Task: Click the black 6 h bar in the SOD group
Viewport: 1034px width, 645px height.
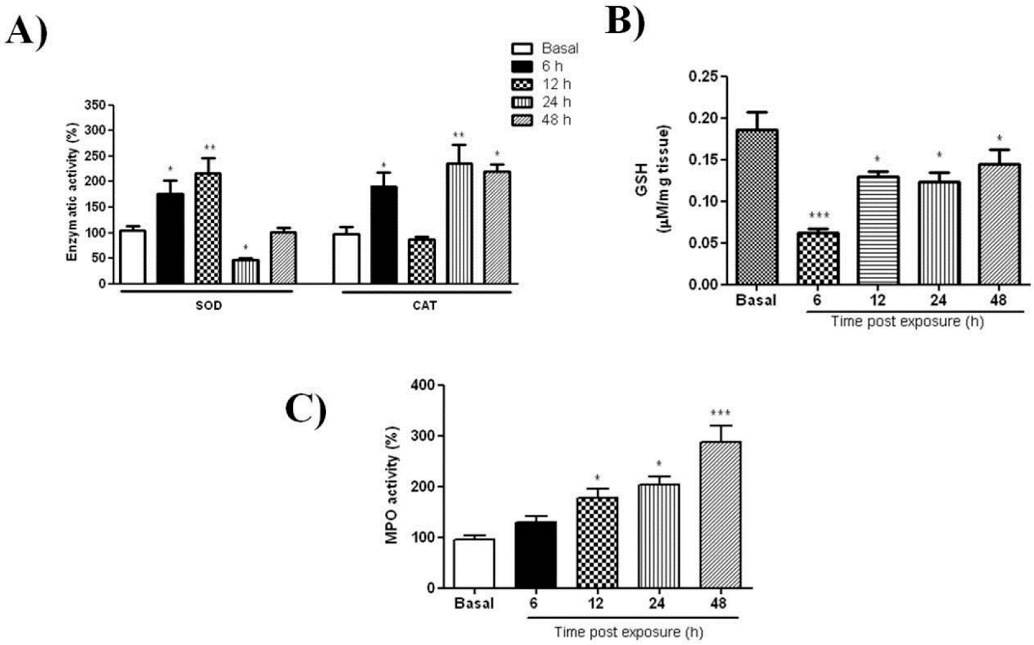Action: point(170,238)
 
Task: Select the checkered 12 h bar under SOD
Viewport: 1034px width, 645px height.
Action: point(208,228)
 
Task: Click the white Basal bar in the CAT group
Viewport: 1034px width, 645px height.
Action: point(346,258)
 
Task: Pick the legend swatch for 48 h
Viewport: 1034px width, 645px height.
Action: point(521,120)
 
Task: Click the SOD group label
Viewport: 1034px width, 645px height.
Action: point(209,306)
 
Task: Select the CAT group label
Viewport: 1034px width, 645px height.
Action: point(425,306)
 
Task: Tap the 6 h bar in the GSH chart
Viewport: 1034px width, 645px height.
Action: point(817,258)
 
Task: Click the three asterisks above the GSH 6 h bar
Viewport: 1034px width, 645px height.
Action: point(817,216)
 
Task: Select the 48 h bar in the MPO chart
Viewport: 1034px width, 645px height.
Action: point(720,515)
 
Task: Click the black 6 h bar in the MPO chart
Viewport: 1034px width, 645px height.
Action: point(535,555)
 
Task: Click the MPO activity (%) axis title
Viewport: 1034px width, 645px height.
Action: point(392,486)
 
